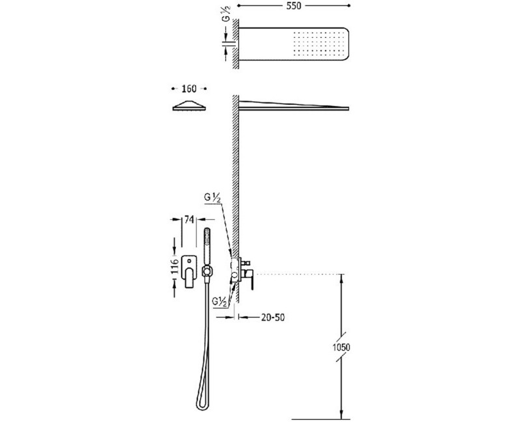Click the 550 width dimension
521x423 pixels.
coord(294,6)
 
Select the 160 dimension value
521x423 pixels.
coord(189,89)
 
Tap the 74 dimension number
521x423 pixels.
coord(189,219)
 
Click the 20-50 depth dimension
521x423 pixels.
coord(273,318)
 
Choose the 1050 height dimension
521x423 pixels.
coord(341,348)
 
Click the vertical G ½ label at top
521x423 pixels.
coord(226,15)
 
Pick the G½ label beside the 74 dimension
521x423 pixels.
coord(213,198)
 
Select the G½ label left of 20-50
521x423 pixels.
coord(220,302)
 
